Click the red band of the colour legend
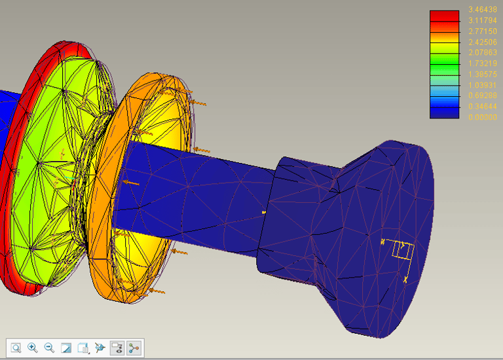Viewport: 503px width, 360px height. (x=444, y=17)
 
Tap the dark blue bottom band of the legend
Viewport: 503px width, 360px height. (x=444, y=113)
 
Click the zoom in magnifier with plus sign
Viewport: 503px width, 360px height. (x=33, y=348)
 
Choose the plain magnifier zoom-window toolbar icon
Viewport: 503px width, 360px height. (x=16, y=348)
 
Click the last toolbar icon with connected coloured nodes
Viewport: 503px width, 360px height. (x=134, y=348)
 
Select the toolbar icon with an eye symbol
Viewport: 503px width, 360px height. (x=100, y=348)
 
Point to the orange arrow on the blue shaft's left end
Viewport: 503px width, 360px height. (x=132, y=183)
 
